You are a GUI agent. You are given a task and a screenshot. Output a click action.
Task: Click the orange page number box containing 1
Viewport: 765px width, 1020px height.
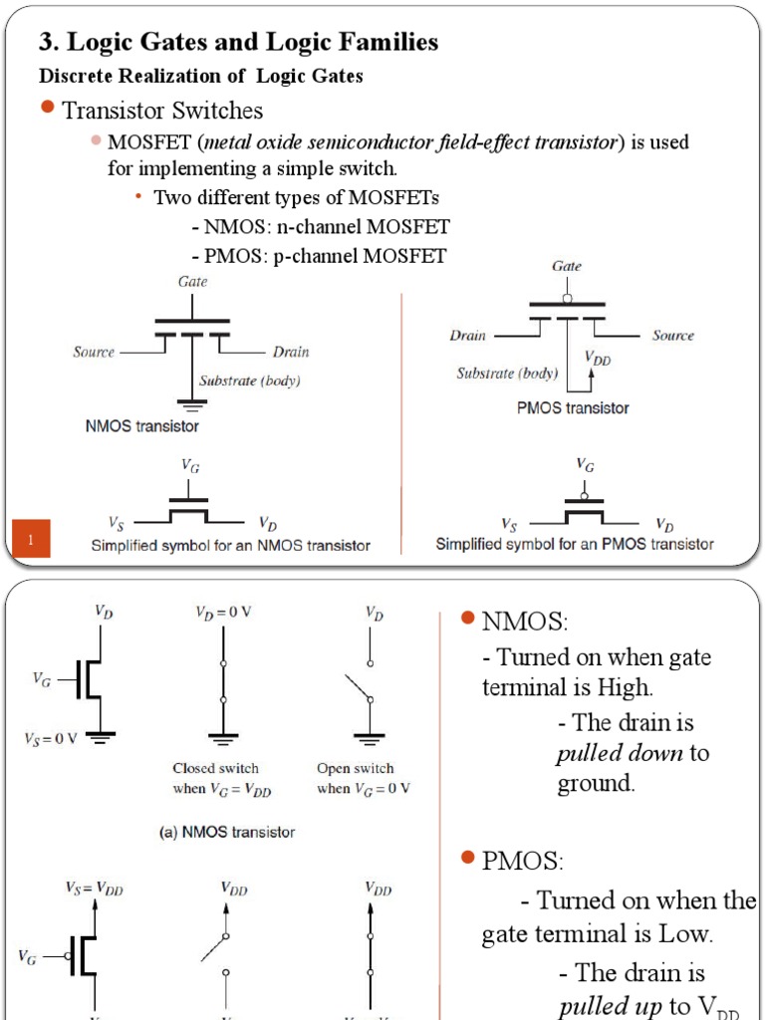31,540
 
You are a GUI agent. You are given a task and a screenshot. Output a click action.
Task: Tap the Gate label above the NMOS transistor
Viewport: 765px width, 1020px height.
193,282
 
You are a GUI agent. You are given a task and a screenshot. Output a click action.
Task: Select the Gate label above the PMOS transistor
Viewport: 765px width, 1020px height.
567,266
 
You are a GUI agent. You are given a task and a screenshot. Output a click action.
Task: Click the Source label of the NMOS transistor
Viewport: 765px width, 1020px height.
94,352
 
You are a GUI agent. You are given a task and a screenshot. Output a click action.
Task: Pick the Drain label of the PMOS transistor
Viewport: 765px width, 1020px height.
467,336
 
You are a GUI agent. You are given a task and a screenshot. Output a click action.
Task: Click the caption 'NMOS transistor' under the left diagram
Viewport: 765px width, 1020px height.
141,426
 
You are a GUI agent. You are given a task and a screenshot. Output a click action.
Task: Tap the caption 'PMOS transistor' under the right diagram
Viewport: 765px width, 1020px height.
573,407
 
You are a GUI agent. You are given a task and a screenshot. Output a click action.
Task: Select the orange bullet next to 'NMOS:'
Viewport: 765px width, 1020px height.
468,620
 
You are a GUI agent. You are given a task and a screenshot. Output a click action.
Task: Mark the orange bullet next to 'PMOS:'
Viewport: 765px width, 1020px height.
468,858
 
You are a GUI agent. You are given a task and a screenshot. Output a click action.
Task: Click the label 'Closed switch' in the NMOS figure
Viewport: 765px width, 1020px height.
215,768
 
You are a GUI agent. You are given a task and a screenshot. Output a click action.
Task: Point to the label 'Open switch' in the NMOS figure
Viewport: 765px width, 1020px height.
355,768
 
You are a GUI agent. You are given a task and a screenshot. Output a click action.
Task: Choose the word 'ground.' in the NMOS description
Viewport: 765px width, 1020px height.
596,783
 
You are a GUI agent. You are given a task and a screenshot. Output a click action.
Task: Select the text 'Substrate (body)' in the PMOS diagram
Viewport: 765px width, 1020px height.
507,374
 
